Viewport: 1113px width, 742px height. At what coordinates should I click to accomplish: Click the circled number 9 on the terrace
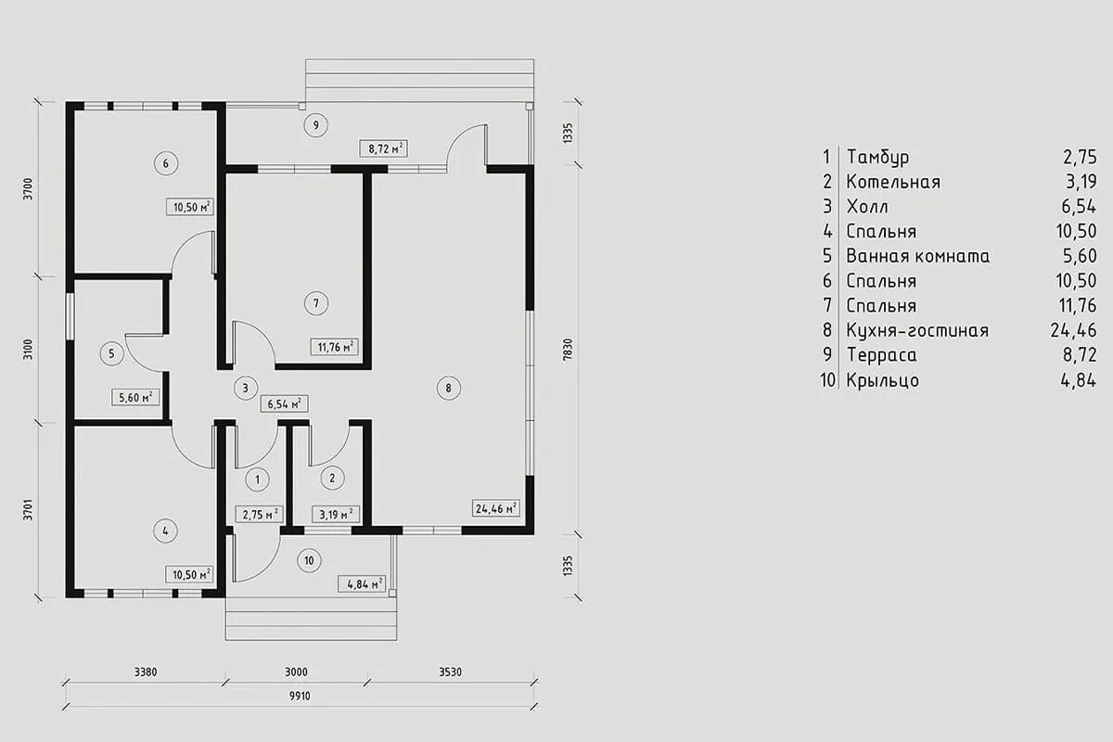pos(316,125)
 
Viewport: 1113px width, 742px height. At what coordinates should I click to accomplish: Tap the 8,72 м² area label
pos(384,148)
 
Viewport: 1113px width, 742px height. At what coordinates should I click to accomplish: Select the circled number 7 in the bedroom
pos(316,303)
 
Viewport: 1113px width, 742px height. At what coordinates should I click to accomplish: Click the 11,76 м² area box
pos(335,346)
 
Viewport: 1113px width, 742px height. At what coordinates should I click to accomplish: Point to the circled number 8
pos(449,388)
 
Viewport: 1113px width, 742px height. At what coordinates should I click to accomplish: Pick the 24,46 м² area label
pos(496,508)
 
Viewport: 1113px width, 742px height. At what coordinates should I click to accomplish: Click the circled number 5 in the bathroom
pos(111,353)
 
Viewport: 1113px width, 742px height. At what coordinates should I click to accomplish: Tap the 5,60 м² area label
pos(135,398)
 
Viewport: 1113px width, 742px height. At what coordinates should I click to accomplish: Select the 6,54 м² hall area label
pos(284,403)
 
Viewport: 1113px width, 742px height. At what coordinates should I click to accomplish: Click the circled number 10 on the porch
pos(309,560)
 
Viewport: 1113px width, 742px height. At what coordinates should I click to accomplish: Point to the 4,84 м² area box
pos(361,583)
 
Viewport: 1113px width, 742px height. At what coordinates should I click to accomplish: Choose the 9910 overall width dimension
pos(300,697)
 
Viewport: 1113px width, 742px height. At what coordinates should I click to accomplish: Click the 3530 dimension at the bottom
pos(450,672)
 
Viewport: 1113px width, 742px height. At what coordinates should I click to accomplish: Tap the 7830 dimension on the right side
pos(569,350)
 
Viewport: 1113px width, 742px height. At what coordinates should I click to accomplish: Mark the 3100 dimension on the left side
pos(29,350)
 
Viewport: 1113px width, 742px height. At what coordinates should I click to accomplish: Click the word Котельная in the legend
pos(893,182)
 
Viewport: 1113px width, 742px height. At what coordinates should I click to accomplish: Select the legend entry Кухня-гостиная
pos(917,330)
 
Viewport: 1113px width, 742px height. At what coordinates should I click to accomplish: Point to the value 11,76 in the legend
pos(1077,306)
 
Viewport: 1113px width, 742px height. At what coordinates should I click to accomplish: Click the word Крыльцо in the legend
pos(883,380)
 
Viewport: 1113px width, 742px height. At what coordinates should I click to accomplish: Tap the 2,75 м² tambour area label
pos(260,515)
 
